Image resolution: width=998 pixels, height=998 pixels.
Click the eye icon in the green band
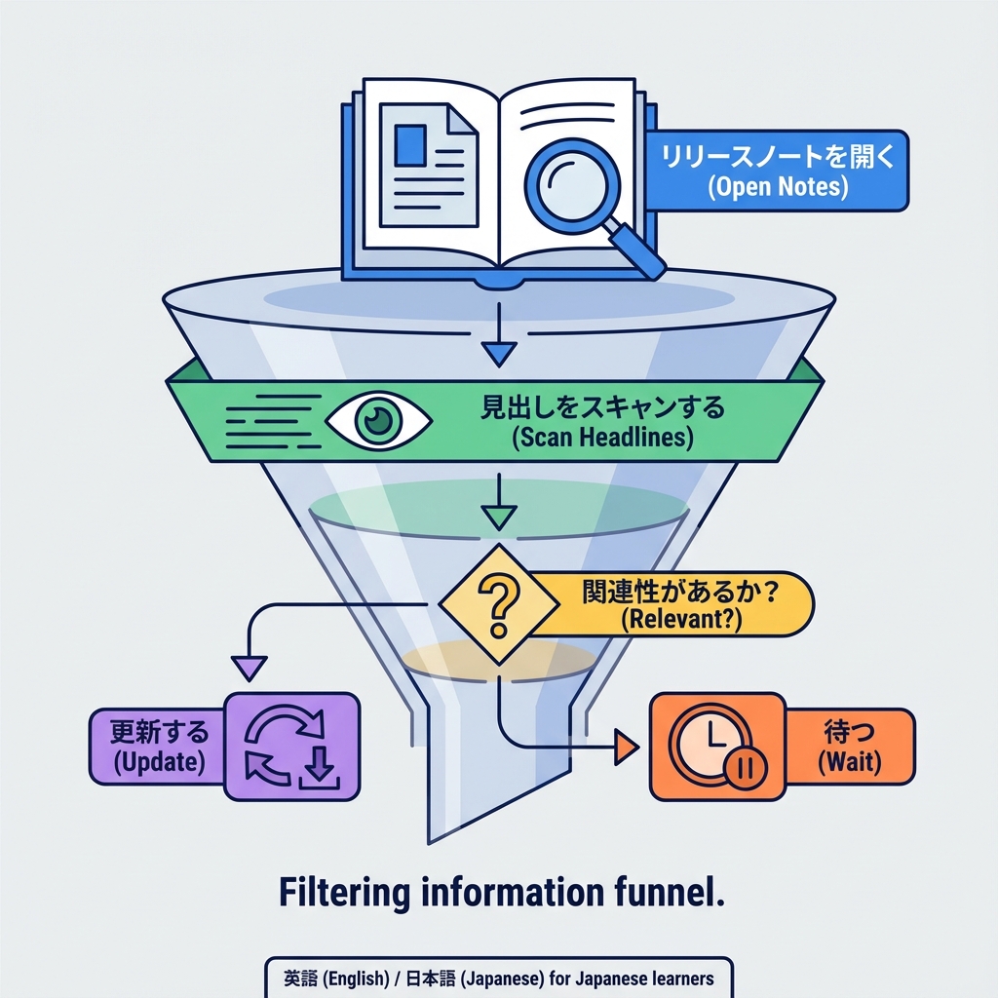point(377,420)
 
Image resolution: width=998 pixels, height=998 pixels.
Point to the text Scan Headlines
point(602,438)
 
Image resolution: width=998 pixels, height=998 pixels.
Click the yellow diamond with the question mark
point(499,605)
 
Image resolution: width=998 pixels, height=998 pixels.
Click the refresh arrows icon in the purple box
point(291,747)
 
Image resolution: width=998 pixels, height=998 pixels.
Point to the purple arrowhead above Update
point(250,668)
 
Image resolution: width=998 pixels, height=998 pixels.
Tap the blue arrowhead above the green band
point(499,354)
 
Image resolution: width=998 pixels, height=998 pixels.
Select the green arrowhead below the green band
point(499,518)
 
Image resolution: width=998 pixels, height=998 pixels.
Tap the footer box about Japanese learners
point(498,978)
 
